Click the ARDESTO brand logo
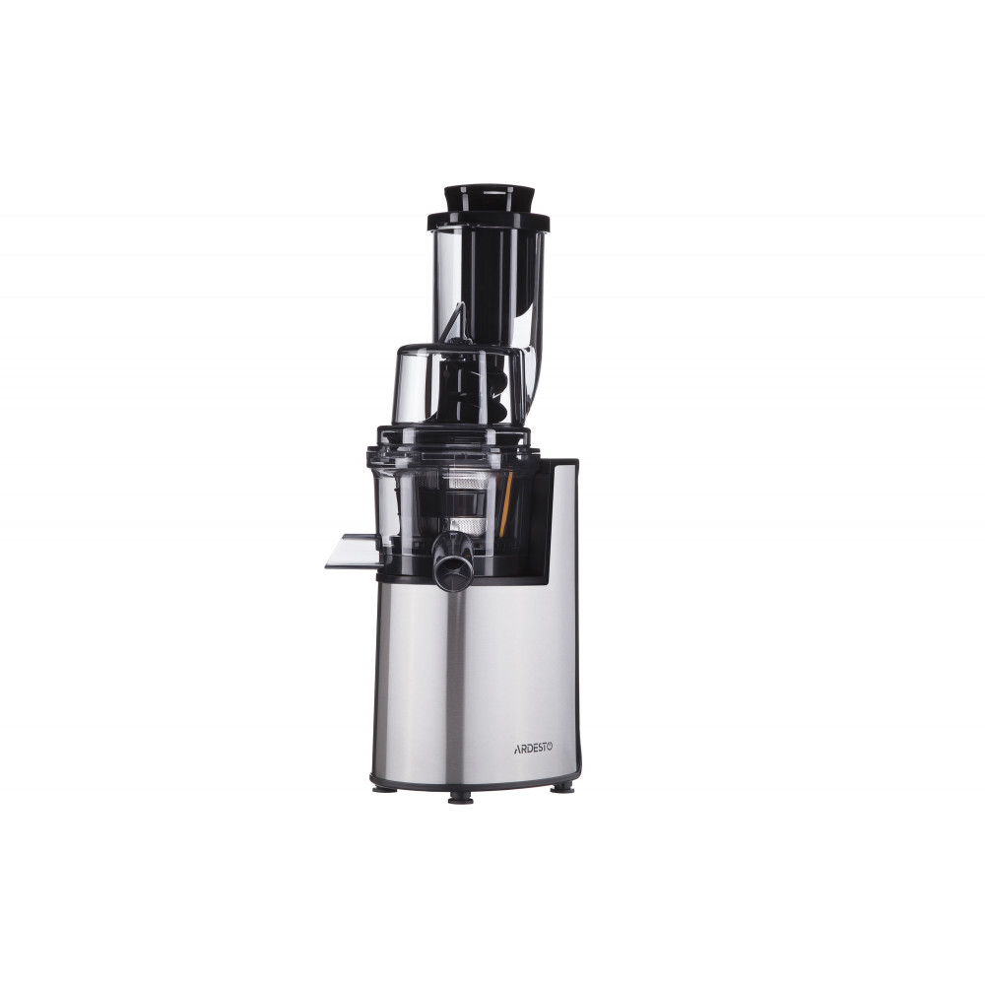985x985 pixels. click(534, 748)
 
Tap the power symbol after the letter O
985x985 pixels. click(550, 748)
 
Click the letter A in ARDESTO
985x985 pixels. click(518, 749)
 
